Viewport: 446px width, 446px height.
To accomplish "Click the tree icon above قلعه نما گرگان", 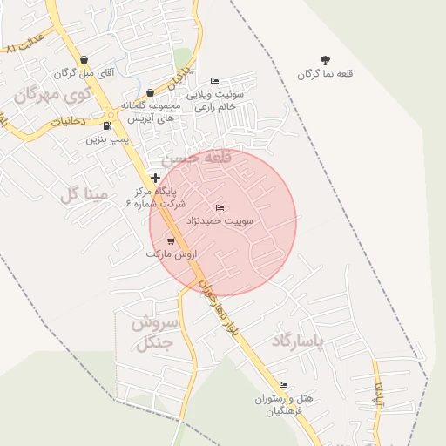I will point(325,60).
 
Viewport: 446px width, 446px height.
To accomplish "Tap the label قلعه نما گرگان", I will point(325,74).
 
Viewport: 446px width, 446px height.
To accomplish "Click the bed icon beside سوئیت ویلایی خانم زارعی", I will point(215,82).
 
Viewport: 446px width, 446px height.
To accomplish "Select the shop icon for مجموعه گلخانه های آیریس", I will point(150,92).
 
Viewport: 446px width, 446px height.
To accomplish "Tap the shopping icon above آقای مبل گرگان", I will point(83,60).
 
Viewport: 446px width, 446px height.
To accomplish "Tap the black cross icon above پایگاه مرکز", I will point(156,178).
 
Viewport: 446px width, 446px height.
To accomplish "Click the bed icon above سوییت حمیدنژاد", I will point(220,207).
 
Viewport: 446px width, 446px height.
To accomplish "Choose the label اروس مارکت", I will point(172,253).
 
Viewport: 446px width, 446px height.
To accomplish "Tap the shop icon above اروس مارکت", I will point(170,240).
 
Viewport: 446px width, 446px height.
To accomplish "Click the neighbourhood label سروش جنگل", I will point(155,332).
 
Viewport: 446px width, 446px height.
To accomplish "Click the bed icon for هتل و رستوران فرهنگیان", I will point(283,385).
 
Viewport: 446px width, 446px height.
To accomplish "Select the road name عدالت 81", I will point(24,43).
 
